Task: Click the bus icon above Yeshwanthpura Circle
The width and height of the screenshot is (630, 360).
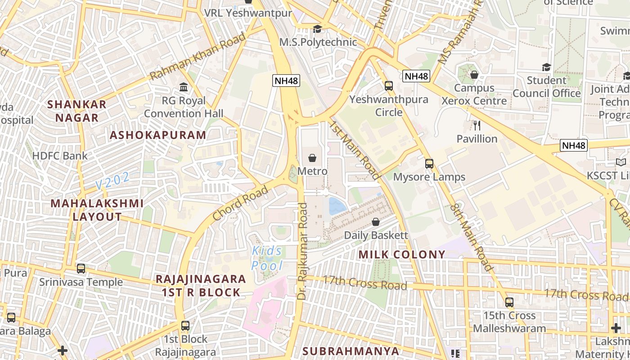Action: [389, 85]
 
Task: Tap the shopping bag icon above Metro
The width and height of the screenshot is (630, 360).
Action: [312, 158]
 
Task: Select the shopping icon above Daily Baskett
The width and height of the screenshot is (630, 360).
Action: [376, 222]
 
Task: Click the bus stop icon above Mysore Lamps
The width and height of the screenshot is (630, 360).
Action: [429, 163]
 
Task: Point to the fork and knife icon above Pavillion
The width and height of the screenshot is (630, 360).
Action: [477, 125]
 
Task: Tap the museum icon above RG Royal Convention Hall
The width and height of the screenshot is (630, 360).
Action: [184, 87]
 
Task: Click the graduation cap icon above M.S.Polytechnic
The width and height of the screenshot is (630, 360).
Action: [318, 29]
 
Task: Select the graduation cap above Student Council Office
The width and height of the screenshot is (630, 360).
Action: [546, 67]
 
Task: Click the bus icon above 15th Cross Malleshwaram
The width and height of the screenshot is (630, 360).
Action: [509, 302]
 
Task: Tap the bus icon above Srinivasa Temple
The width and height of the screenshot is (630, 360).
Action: [81, 269]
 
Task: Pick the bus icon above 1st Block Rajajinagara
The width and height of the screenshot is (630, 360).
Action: [185, 325]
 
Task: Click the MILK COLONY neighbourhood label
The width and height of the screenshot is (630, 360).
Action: [402, 255]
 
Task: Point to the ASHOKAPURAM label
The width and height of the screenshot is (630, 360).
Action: [158, 135]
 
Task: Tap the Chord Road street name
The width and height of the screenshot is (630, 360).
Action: [240, 203]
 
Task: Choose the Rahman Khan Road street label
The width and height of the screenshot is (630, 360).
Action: [198, 56]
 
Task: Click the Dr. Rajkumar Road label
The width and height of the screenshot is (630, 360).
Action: [302, 251]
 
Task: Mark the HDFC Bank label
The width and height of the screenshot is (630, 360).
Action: [60, 156]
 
